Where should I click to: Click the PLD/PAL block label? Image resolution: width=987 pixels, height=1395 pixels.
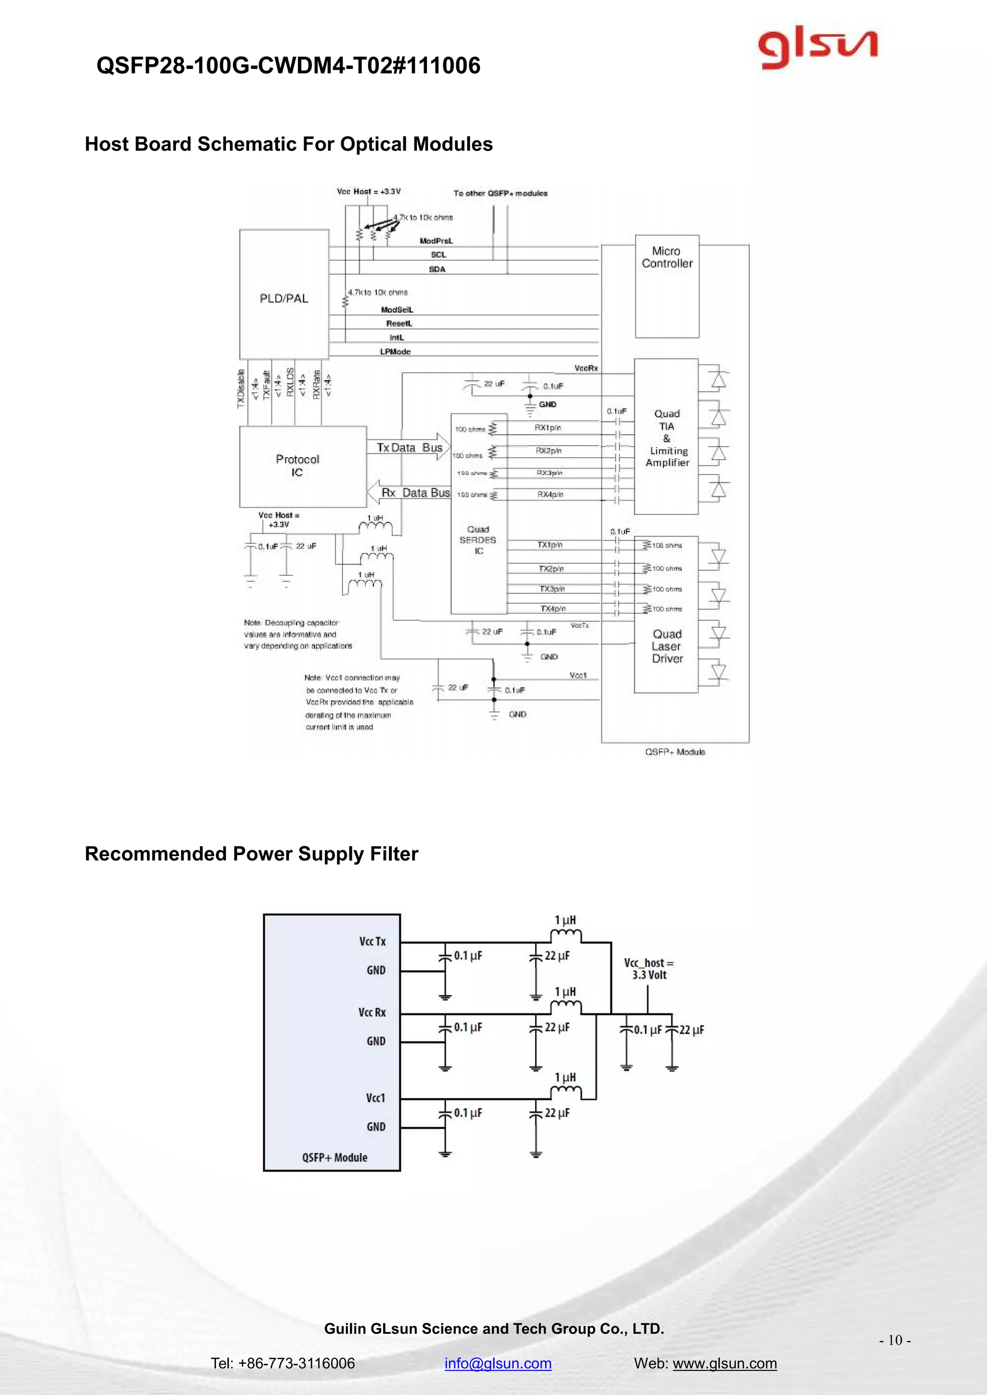click(x=284, y=298)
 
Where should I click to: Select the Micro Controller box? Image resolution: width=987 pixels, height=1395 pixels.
click(x=667, y=286)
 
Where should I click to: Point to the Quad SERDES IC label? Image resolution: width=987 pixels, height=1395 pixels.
click(x=478, y=540)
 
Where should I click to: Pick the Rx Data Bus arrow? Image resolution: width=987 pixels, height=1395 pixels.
click(x=410, y=493)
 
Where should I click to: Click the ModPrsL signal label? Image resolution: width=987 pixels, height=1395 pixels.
click(x=436, y=241)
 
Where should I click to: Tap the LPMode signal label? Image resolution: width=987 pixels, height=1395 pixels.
click(x=395, y=352)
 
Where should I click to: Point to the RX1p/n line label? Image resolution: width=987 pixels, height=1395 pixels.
click(x=547, y=428)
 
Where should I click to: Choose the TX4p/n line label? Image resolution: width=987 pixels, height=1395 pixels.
click(x=552, y=609)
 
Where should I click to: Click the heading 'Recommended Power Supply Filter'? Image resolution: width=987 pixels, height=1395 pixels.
click(x=252, y=854)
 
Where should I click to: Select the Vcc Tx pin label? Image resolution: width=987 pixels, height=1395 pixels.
click(x=372, y=941)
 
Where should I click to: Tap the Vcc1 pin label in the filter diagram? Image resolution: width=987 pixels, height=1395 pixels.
click(x=375, y=1098)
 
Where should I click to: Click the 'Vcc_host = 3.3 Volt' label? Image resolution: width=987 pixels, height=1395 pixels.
click(x=649, y=969)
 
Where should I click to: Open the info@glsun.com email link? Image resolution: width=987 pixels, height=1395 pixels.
click(x=498, y=1363)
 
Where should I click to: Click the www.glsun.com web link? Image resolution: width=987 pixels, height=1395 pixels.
click(x=724, y=1363)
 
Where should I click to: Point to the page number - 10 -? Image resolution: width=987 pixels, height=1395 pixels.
click(x=894, y=1340)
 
